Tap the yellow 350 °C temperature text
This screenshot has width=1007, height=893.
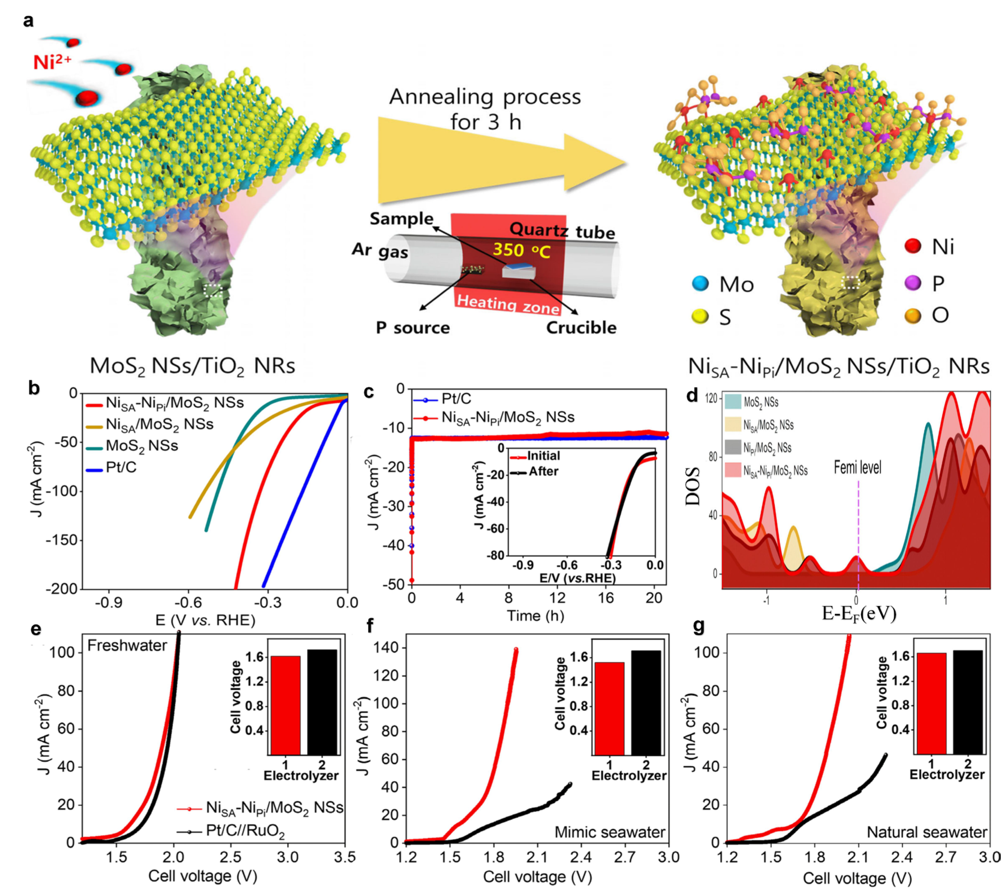[x=521, y=250]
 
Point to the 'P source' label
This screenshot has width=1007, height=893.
[x=413, y=328]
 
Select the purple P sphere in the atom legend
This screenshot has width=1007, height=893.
[x=913, y=283]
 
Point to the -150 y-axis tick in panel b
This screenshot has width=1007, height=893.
[x=62, y=540]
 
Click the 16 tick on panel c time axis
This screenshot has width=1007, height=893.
[x=606, y=598]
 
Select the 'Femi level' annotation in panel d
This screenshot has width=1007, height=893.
[x=857, y=467]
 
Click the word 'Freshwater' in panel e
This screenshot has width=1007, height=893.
[x=127, y=646]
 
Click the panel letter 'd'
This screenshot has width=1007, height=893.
[x=692, y=395]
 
